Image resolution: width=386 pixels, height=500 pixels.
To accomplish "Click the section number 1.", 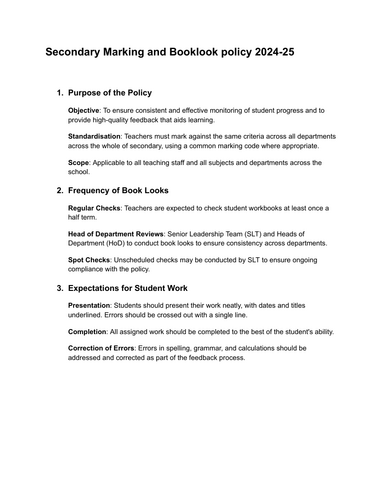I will click(x=59, y=92).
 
